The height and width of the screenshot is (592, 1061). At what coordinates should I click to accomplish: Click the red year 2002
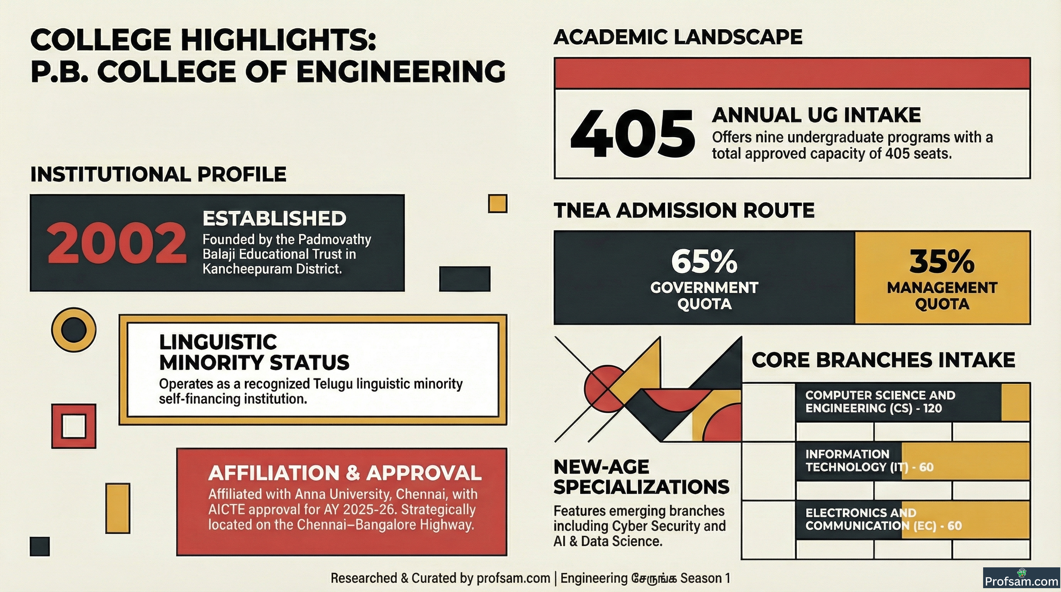(116, 243)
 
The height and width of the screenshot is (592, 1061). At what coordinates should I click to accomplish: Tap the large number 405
(632, 134)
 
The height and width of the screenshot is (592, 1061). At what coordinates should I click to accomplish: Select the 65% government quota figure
(704, 261)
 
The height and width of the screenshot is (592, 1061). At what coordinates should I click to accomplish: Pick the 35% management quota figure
(942, 261)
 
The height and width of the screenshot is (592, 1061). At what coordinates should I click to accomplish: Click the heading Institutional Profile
(158, 174)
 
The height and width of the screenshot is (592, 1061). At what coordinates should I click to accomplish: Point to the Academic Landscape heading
(678, 37)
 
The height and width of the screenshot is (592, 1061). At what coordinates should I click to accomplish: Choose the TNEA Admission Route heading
(684, 210)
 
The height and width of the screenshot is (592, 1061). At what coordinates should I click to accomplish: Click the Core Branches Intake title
(884, 360)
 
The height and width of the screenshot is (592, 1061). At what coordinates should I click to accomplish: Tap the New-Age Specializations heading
(641, 477)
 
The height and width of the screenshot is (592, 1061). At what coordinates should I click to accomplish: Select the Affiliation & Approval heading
(345, 473)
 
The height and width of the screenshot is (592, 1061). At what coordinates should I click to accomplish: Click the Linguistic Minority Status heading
(254, 352)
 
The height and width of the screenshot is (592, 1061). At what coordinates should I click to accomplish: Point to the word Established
(275, 219)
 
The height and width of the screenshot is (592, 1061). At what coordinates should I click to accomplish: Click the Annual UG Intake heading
(816, 115)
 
